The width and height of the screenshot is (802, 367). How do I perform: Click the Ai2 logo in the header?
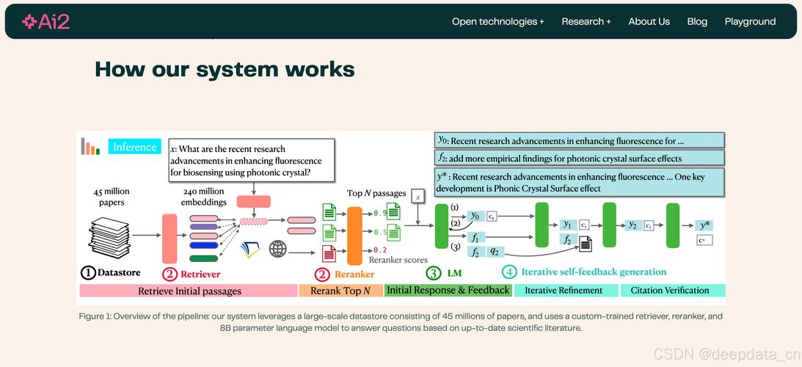point(45,21)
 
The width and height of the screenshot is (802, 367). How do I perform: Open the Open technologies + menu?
point(497,21)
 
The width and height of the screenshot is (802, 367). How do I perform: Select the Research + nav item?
point(586,21)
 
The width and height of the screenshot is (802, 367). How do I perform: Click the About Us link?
point(649,21)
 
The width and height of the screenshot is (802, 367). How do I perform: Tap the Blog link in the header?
point(697,21)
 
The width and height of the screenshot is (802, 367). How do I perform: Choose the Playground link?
point(750,21)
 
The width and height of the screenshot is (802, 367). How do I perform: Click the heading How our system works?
point(225,70)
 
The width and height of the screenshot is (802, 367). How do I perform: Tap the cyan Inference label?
point(134,147)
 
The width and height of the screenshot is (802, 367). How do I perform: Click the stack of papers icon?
point(111,234)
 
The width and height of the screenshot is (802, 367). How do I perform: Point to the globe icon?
point(277,249)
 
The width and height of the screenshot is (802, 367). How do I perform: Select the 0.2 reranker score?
point(380,250)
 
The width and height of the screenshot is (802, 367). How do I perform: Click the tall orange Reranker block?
point(355,235)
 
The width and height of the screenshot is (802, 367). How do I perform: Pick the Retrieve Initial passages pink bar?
point(189,291)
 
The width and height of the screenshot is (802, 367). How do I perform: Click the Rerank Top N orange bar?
point(340,291)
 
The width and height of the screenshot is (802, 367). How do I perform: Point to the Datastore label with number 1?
point(111,273)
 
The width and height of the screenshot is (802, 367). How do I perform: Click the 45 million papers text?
point(112,197)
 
